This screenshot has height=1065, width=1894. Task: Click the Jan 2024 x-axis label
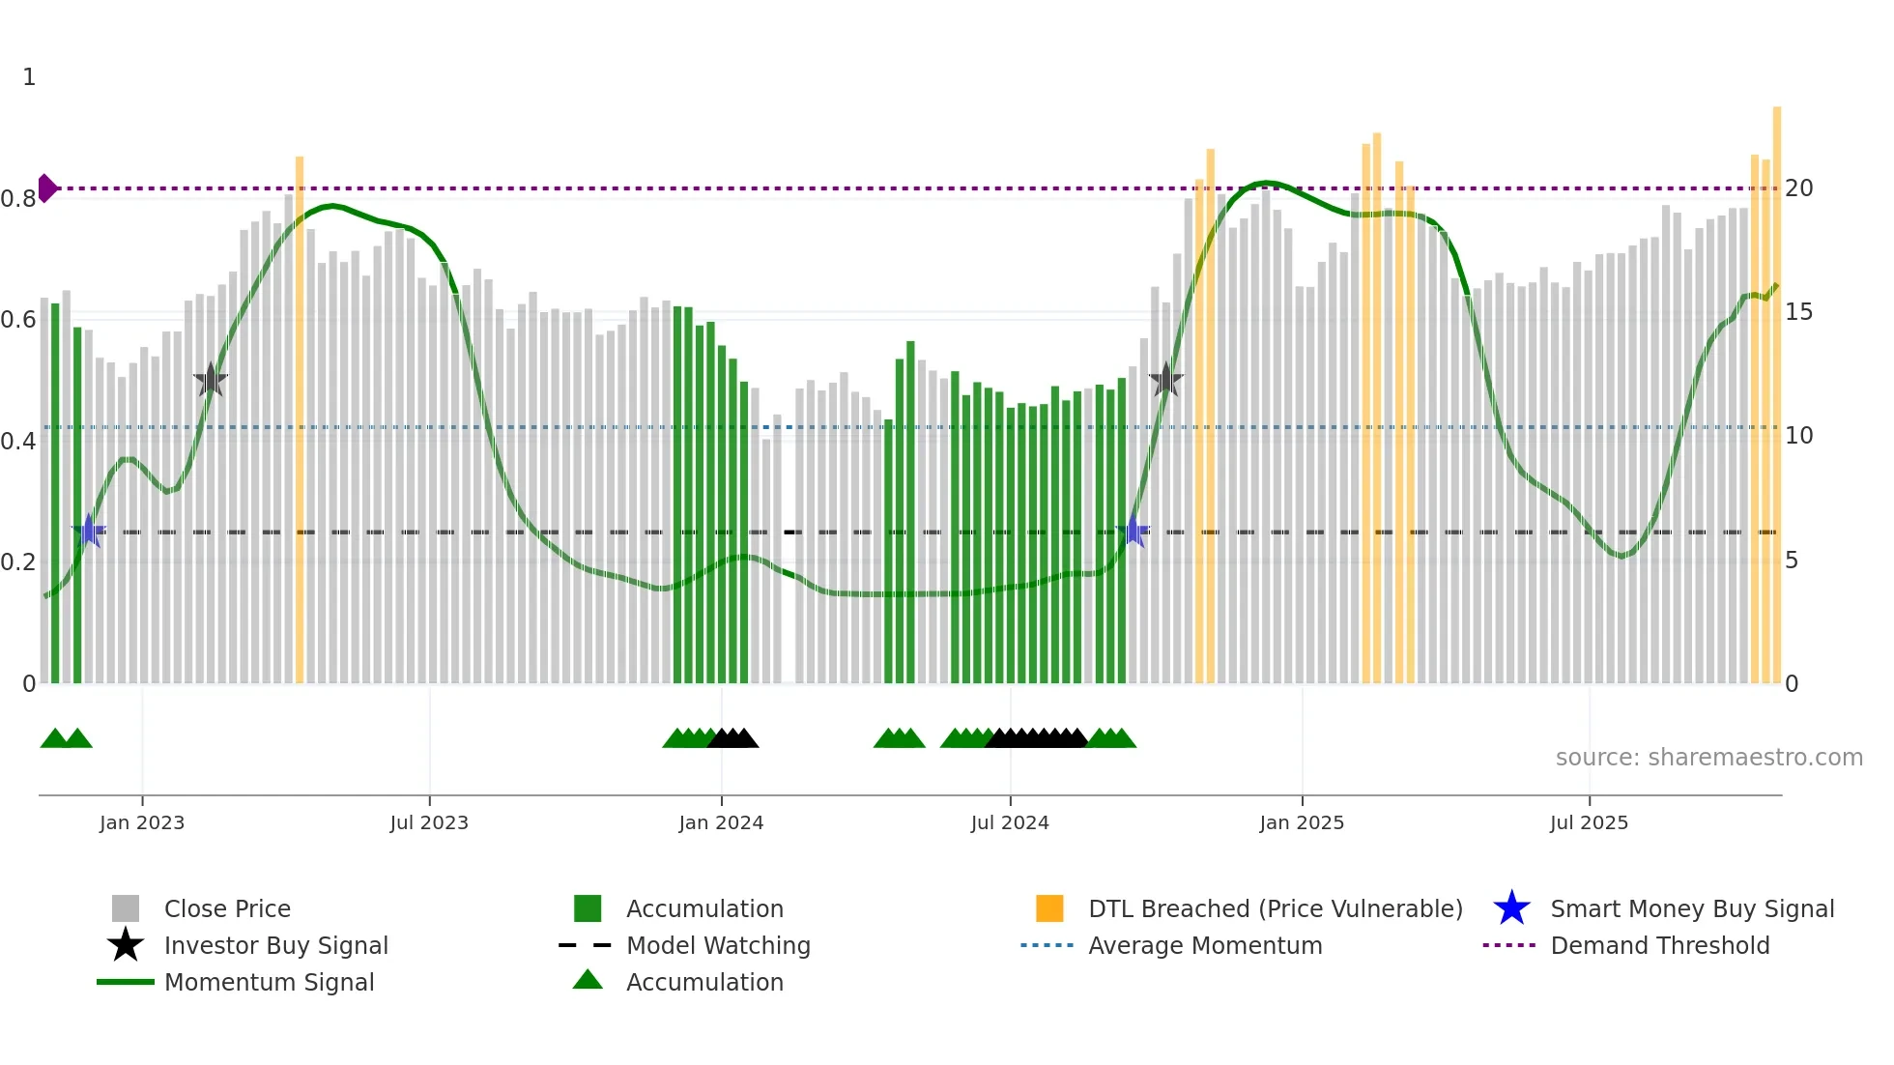[721, 822]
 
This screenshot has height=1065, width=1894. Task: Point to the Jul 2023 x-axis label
[429, 822]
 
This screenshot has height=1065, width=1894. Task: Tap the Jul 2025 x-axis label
[1589, 822]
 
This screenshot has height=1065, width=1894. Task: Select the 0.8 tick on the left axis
[18, 199]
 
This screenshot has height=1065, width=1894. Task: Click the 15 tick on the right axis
[1798, 312]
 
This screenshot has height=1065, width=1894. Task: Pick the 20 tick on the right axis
[1798, 188]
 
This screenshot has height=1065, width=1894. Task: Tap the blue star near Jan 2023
[89, 531]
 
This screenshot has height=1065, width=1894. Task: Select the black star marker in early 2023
[211, 381]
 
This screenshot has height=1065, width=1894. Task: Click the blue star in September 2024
[1133, 531]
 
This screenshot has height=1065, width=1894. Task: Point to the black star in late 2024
[1166, 381]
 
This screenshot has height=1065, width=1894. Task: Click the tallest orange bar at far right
[1777, 387]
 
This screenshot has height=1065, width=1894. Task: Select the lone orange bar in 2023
[300, 416]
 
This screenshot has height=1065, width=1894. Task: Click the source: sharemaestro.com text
[1708, 758]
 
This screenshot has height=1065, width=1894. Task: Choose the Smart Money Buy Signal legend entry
[1691, 908]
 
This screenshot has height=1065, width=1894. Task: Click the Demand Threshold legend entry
[1659, 945]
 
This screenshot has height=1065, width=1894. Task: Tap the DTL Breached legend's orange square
[1049, 908]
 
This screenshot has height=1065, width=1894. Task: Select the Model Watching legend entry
[717, 945]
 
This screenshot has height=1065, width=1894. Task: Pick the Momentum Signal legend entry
[269, 982]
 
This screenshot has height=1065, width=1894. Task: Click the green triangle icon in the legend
[588, 980]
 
